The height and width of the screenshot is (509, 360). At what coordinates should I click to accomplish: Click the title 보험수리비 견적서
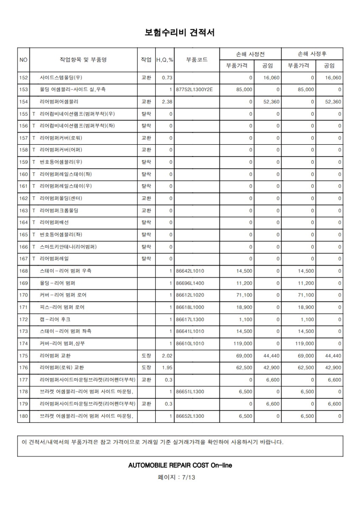coord(180,32)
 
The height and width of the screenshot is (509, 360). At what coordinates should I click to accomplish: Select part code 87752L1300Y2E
coord(194,89)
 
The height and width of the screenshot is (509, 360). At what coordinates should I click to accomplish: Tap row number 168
coord(23,271)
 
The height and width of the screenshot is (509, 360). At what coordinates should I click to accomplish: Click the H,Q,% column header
coord(165,60)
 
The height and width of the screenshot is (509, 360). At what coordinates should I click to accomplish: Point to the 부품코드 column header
coord(197,60)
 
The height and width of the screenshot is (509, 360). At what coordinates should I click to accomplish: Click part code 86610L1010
coord(190,343)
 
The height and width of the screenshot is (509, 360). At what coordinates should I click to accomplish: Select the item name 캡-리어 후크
coord(55,319)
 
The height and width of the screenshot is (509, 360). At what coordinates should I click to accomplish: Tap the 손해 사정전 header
coord(250,54)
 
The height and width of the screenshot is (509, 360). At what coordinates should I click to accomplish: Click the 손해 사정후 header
coord(312,54)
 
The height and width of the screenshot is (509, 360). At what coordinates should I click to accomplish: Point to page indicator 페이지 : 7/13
coord(180,477)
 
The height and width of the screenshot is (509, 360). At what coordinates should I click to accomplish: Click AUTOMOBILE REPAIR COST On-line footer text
coord(180,465)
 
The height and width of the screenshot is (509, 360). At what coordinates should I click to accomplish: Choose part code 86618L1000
coord(190,307)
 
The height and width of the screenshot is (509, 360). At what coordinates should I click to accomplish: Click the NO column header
coord(23,60)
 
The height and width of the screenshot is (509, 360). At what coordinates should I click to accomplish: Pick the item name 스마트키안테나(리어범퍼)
coord(68,246)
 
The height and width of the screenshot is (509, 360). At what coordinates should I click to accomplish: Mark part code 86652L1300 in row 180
coord(190,416)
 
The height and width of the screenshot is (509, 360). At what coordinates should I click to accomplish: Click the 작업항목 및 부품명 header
coord(83,60)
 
